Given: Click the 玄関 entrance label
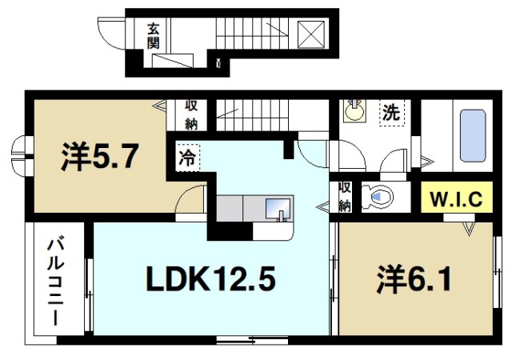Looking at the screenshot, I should [x=153, y=35].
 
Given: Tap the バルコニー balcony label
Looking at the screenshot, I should [x=55, y=280].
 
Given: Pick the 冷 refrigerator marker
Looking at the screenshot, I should [x=185, y=157].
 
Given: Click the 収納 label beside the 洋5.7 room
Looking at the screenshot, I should [x=192, y=113].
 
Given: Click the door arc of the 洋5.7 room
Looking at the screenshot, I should [x=192, y=200].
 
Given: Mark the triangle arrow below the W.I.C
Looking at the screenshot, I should [x=469, y=230].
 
